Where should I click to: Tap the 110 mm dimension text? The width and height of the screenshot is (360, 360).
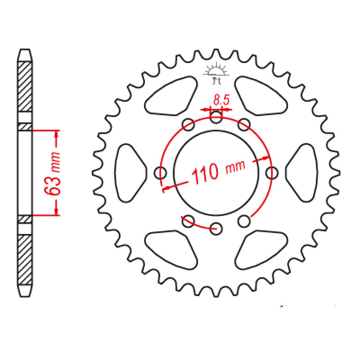[x=218, y=171]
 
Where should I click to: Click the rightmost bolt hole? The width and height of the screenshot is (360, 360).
[x=272, y=172]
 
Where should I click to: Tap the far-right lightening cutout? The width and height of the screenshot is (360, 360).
[x=302, y=172]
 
